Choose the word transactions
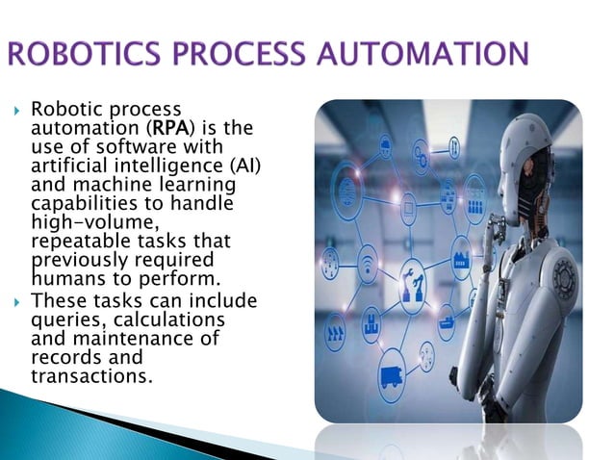click(x=91, y=376)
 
